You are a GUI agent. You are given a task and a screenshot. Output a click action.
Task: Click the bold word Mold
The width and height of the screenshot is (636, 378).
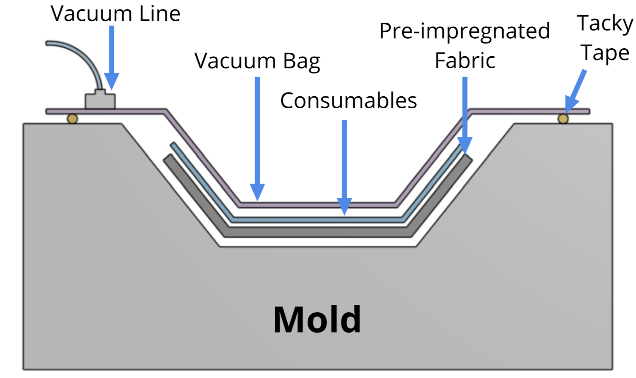tap(317, 319)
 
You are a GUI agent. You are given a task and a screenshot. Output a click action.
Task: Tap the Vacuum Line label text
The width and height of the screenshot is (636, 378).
tap(115, 14)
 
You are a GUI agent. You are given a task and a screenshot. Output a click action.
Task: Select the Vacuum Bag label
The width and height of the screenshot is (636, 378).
tap(257, 61)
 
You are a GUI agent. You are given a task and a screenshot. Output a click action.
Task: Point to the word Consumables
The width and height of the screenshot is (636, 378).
tap(348, 101)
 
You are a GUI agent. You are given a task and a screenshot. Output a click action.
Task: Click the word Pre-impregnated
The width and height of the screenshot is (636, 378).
tap(464, 32)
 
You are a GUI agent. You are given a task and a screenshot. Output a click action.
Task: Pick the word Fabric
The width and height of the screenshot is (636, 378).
tap(465, 61)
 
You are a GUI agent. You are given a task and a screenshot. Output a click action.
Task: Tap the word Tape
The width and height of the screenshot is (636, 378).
tap(605, 53)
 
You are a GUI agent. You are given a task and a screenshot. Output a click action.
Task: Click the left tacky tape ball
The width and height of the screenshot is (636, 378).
tap(72, 119)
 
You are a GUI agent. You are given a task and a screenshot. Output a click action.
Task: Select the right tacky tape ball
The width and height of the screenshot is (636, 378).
tap(563, 119)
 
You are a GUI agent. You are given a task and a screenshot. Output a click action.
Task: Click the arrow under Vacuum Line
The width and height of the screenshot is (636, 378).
tap(111, 58)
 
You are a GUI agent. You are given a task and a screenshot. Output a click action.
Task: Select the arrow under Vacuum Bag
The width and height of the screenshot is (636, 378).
tap(257, 139)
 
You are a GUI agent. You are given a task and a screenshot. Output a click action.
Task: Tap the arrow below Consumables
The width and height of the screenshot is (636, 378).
tap(345, 166)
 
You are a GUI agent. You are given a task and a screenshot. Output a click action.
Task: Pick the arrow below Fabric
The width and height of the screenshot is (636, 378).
tap(465, 116)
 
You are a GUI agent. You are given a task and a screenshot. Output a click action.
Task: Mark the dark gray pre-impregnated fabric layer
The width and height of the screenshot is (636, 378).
tap(316, 232)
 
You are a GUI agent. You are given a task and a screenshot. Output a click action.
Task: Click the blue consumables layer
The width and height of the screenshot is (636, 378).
tap(316, 220)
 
